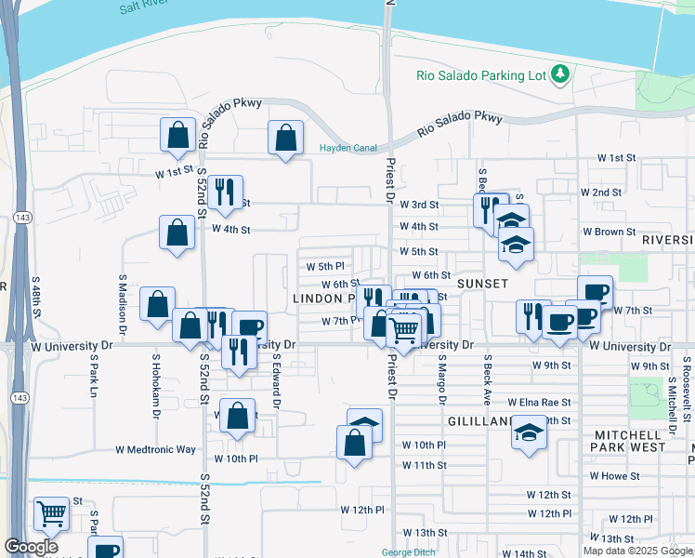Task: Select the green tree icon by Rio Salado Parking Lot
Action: [x=560, y=73]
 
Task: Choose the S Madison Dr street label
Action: [x=121, y=303]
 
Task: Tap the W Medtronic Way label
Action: [x=156, y=449]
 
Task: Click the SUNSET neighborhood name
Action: [x=482, y=283]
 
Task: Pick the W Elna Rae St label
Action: [x=539, y=403]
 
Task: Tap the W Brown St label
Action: [x=609, y=232]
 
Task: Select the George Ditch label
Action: [x=410, y=552]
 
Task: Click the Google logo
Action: [x=31, y=547]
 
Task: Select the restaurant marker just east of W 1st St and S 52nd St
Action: [x=225, y=193]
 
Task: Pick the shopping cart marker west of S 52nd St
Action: [x=51, y=512]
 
